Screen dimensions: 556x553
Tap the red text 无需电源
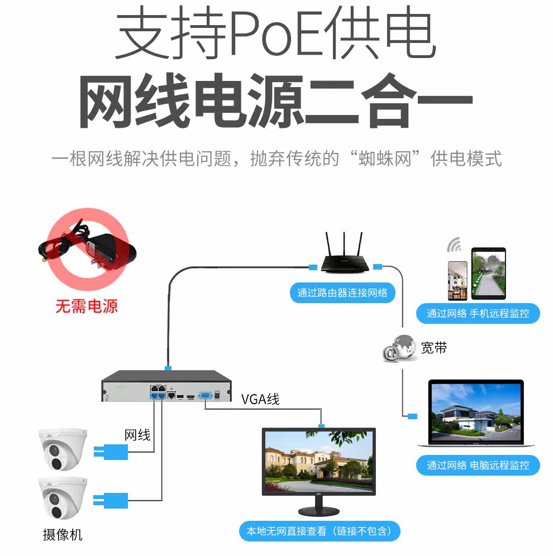click(87, 306)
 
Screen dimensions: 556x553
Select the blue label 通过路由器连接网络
click(342, 293)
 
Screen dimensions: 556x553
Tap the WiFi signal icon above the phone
click(454, 245)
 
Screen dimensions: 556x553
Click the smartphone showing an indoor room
click(457, 280)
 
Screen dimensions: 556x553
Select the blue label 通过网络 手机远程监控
click(478, 313)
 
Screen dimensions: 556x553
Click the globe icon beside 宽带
click(399, 349)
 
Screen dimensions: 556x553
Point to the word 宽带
click(434, 348)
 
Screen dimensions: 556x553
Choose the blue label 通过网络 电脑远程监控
click(478, 465)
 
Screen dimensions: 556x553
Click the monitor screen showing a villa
click(319, 462)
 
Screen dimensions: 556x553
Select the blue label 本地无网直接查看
click(323, 531)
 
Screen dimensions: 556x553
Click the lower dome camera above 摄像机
click(62, 499)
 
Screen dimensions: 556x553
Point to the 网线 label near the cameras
click(137, 435)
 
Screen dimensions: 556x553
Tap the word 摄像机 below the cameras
click(63, 535)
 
